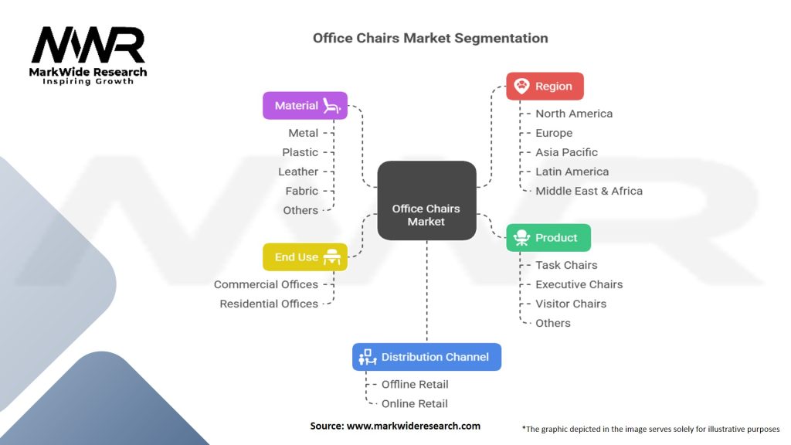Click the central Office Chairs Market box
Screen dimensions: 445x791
click(426, 200)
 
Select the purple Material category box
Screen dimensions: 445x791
click(305, 106)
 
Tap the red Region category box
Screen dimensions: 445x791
click(545, 87)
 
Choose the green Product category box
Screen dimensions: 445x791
click(548, 238)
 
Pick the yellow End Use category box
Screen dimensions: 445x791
click(305, 257)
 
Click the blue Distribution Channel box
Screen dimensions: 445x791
click(426, 357)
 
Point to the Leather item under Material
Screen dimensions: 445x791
click(298, 172)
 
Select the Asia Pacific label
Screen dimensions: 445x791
click(566, 152)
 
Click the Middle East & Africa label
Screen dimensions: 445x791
click(589, 191)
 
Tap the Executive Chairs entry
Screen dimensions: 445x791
click(579, 284)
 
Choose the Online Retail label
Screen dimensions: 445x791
click(414, 403)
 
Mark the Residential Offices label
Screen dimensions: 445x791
click(269, 304)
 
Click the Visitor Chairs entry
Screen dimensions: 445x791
click(571, 304)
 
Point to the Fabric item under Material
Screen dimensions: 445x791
click(301, 191)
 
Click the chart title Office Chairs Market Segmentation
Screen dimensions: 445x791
click(430, 38)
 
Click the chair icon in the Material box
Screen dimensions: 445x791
click(332, 105)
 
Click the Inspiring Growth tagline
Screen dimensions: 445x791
click(87, 81)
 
